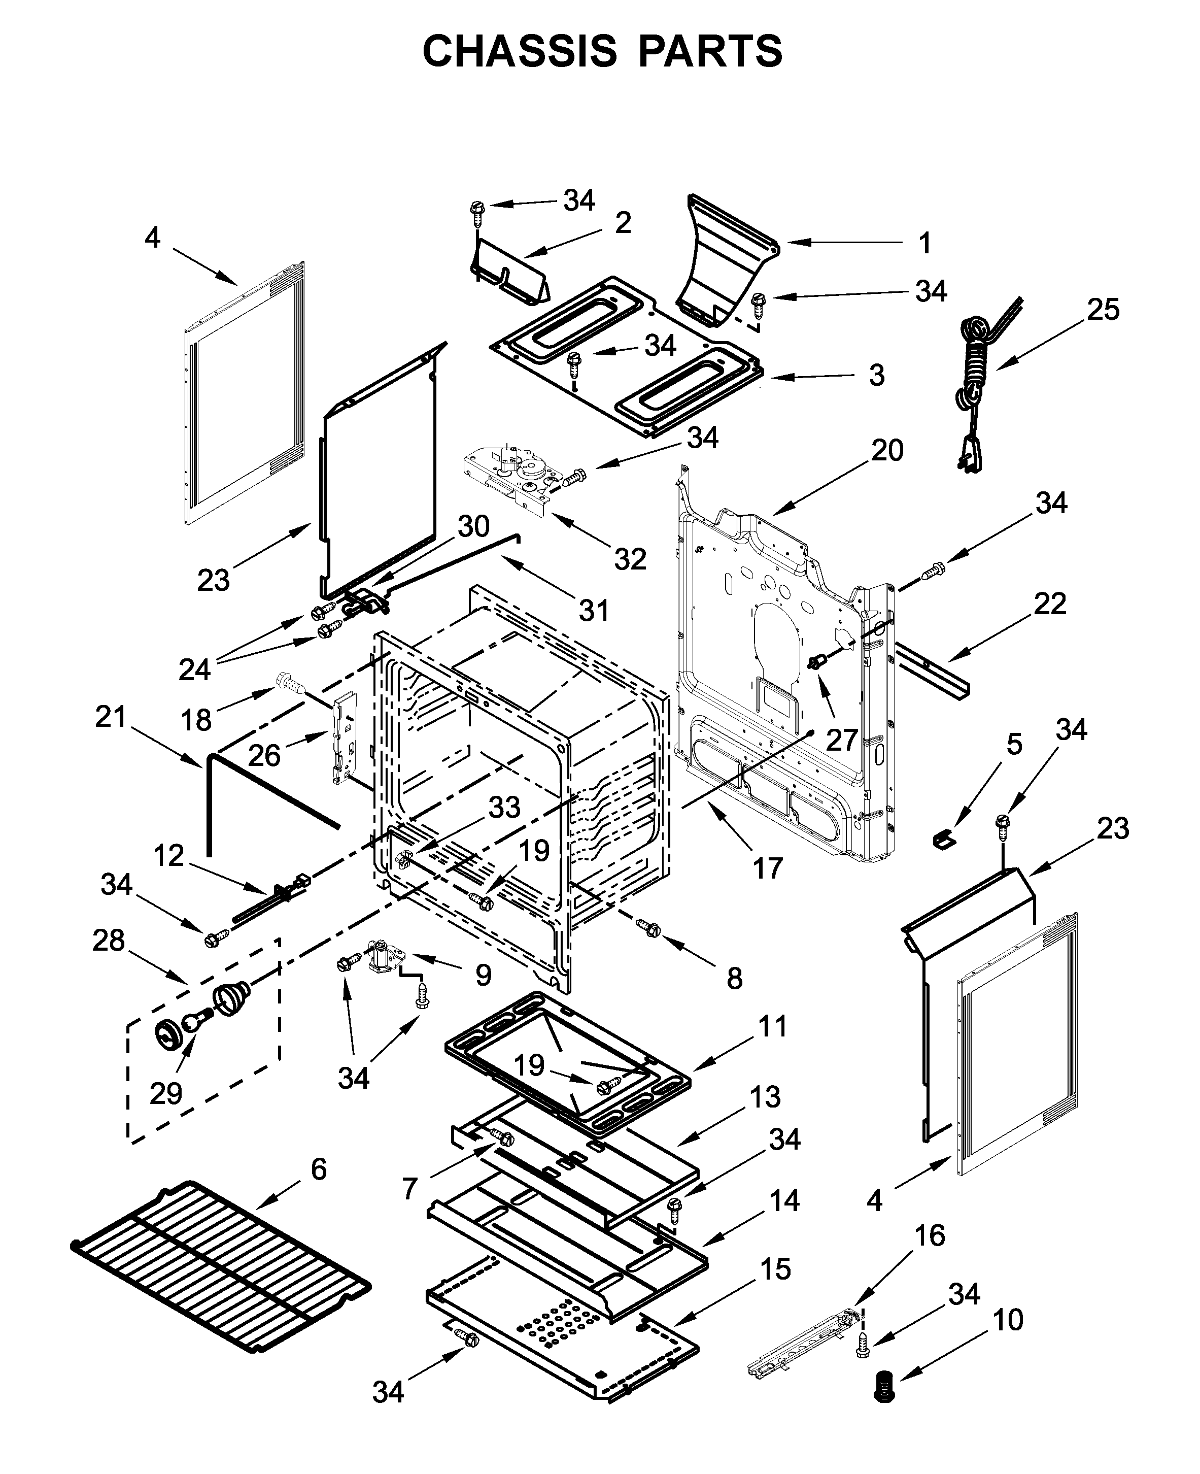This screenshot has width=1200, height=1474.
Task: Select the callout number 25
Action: click(1103, 310)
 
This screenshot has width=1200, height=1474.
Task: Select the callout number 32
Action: click(630, 559)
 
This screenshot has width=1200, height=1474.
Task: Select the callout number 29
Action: click(166, 1093)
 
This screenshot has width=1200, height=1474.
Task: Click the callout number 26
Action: click(264, 755)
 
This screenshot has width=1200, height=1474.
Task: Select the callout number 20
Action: click(887, 451)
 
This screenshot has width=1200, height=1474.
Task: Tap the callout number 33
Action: click(504, 807)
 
